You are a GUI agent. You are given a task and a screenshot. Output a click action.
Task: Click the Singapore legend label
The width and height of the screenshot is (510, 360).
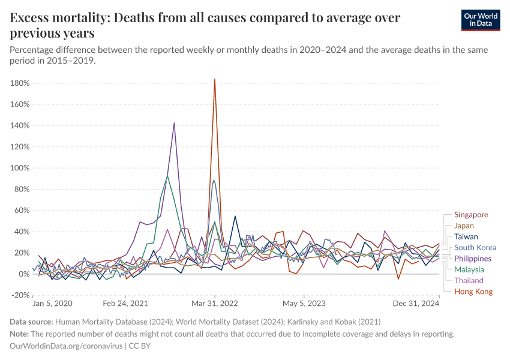(471, 215)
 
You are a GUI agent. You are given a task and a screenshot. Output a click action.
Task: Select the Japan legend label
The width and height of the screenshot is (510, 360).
(464, 226)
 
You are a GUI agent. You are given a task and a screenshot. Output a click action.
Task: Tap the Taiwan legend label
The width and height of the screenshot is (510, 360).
(466, 236)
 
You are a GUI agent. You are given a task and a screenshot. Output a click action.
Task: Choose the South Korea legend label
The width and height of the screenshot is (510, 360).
(475, 247)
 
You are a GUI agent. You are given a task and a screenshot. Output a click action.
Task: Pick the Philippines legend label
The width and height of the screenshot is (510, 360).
(473, 259)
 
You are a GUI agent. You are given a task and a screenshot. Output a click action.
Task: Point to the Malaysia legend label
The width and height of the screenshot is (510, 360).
(470, 269)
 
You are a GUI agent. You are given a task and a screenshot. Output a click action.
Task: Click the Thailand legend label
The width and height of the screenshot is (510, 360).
(469, 280)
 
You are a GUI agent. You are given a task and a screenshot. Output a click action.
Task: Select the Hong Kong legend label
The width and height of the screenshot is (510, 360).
(473, 292)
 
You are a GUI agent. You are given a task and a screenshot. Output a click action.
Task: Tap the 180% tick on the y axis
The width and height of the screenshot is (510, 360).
(20, 83)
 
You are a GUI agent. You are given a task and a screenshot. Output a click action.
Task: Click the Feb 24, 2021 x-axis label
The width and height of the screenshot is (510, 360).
(125, 304)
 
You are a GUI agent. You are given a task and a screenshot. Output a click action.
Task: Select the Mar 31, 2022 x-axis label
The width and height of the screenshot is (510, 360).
(215, 304)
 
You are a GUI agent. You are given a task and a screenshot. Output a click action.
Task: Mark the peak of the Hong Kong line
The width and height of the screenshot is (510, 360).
(214, 79)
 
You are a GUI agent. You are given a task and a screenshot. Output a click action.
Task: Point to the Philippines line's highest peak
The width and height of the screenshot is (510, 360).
(174, 123)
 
